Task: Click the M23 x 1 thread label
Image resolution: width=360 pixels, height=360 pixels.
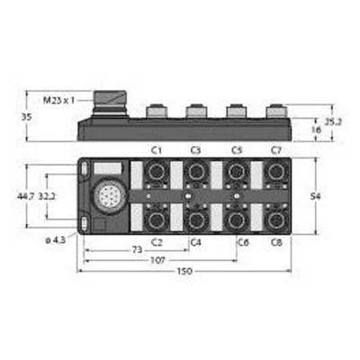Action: [x=58, y=101]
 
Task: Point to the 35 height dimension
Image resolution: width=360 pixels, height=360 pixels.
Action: [x=26, y=117]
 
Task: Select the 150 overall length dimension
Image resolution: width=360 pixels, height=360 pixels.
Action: [x=184, y=272]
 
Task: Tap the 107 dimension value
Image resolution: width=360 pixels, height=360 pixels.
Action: [x=157, y=261]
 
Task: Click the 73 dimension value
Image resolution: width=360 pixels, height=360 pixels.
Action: [x=137, y=250]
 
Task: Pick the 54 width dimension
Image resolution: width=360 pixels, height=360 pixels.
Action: [x=316, y=196]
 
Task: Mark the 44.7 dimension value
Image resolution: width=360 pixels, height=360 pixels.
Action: [x=26, y=196]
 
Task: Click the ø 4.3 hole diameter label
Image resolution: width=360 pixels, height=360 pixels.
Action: [x=56, y=240]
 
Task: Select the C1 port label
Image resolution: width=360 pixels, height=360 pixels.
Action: [x=157, y=150]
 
